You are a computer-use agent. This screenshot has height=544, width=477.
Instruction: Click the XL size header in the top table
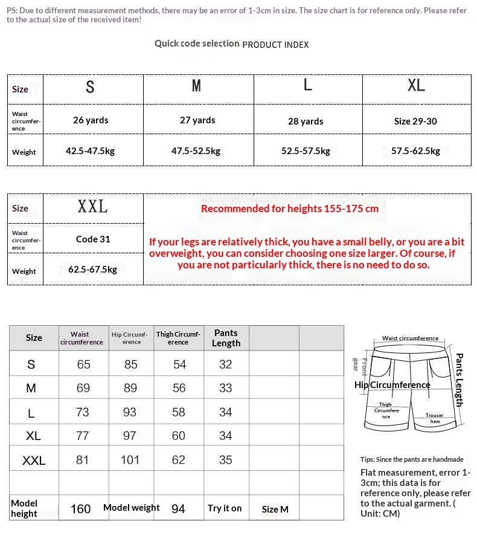pyautogui.click(x=416, y=86)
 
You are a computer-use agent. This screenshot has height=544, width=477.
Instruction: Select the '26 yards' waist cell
pyautogui.click(x=91, y=120)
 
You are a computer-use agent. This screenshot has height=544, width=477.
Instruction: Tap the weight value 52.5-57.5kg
pyautogui.click(x=306, y=151)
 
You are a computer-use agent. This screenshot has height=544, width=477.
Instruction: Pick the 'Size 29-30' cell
pyautogui.click(x=415, y=121)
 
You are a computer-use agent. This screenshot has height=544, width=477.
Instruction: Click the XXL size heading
pyautogui.click(x=92, y=207)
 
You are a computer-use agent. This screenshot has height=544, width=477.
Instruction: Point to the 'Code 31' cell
pyautogui.click(x=93, y=239)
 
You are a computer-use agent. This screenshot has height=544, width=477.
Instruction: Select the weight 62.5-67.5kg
pyautogui.click(x=92, y=270)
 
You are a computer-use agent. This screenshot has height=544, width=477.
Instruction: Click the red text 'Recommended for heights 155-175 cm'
pyautogui.click(x=290, y=209)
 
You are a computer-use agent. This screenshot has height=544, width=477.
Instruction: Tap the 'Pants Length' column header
pyautogui.click(x=226, y=338)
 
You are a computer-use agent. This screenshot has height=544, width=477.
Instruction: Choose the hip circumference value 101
pyautogui.click(x=130, y=461)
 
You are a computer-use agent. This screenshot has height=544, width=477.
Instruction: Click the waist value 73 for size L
pyautogui.click(x=82, y=412)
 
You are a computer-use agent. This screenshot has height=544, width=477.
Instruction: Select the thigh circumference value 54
pyautogui.click(x=179, y=364)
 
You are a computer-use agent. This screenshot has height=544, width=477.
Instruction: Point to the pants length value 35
pyautogui.click(x=225, y=460)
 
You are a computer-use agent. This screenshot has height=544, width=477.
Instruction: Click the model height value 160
pyautogui.click(x=81, y=509)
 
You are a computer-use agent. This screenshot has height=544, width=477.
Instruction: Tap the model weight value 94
pyautogui.click(x=178, y=509)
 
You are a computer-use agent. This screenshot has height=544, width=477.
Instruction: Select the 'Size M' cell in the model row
pyautogui.click(x=275, y=510)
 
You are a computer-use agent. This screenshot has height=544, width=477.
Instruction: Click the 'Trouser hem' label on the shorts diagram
pyautogui.click(x=434, y=418)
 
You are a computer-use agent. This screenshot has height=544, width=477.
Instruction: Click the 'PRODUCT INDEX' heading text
pyautogui.click(x=275, y=45)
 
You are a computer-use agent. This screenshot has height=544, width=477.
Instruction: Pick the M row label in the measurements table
pyautogui.click(x=31, y=389)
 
